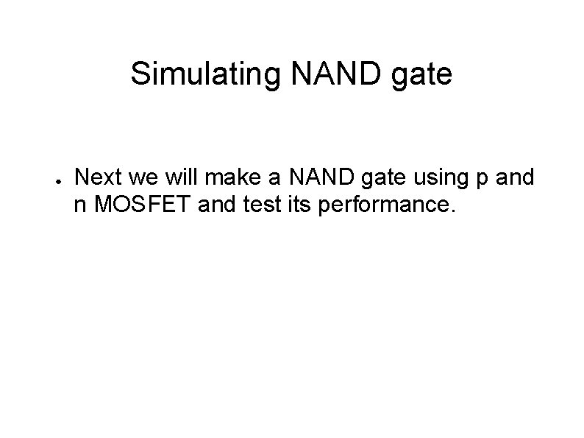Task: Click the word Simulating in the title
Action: pos(202,74)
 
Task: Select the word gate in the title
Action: pos(425,76)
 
